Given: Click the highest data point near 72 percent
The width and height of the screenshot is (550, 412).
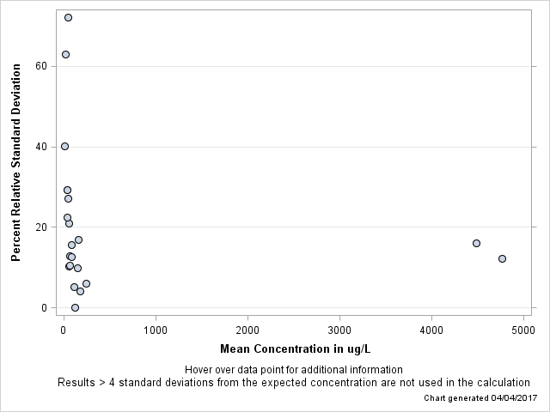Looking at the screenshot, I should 68,17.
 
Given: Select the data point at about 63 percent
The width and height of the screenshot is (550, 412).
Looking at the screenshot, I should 65,54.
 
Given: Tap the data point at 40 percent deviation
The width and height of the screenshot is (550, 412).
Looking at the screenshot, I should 64,146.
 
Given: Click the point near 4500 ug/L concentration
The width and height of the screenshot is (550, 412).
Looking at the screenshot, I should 476,243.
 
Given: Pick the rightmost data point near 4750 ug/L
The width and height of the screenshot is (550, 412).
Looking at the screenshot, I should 502,258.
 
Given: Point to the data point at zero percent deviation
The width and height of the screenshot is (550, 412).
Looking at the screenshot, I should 75,307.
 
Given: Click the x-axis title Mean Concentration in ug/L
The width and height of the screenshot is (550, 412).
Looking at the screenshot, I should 295,348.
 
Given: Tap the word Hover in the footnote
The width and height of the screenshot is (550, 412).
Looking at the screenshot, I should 200,370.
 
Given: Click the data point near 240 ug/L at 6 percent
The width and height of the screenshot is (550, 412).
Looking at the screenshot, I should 86,283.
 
